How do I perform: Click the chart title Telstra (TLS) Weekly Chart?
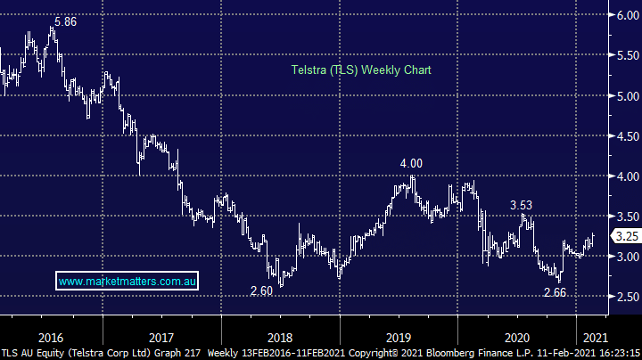(x=361, y=70)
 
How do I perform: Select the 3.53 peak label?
(x=522, y=205)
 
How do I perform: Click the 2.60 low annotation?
(x=260, y=290)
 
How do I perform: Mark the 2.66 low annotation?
(x=554, y=291)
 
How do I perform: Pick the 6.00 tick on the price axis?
(x=622, y=15)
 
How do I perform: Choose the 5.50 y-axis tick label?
(x=622, y=55)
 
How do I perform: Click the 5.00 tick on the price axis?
(x=622, y=96)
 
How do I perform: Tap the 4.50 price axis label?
(x=622, y=136)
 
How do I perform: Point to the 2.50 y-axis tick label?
(x=622, y=297)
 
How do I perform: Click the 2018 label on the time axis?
(x=279, y=338)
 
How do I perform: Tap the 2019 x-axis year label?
(x=398, y=338)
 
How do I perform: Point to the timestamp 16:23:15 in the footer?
(x=616, y=353)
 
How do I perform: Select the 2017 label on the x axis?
(x=161, y=338)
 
